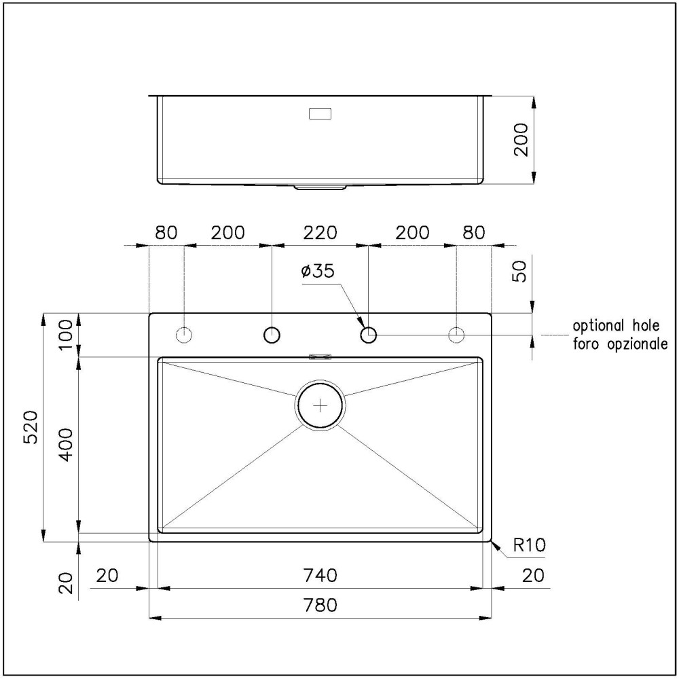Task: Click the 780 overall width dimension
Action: [x=320, y=605]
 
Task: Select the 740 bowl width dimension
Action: [x=320, y=575]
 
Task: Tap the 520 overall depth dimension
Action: [x=31, y=428]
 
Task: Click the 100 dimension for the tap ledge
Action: [x=65, y=335]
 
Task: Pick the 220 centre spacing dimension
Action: [x=320, y=232]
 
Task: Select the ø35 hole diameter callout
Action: [x=317, y=272]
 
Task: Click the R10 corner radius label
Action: [x=530, y=545]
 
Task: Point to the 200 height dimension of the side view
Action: [x=520, y=141]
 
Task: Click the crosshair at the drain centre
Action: [x=320, y=405]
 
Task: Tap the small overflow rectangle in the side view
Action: [x=320, y=114]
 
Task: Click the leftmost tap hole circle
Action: [x=183, y=334]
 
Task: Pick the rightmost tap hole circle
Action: [x=457, y=334]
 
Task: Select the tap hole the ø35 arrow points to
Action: [x=369, y=334]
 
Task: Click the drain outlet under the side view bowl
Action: [x=320, y=187]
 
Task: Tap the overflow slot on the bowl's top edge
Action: [x=320, y=356]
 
